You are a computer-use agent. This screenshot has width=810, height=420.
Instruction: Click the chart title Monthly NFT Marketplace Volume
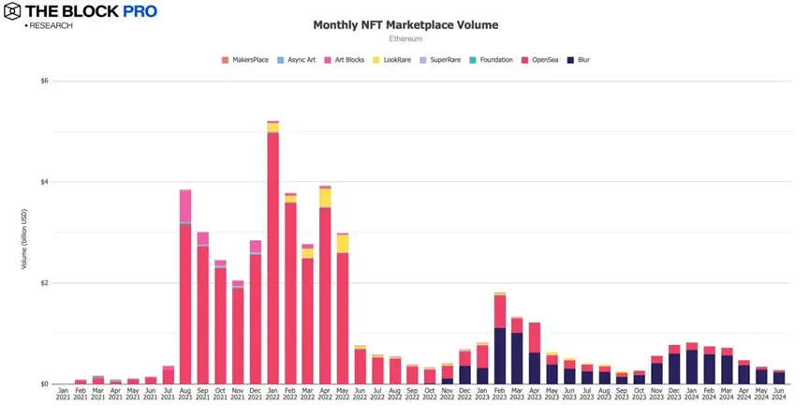405,24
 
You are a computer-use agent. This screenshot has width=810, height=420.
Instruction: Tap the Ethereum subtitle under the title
405,39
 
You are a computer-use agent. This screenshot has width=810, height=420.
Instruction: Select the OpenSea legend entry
540,60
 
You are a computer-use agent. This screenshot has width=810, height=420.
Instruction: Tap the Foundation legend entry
493,60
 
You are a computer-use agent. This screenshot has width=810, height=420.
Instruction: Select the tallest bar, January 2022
272,253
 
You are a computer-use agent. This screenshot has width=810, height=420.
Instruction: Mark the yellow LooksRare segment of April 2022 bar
325,198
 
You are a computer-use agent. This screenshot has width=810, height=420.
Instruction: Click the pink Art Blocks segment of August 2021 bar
185,205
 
